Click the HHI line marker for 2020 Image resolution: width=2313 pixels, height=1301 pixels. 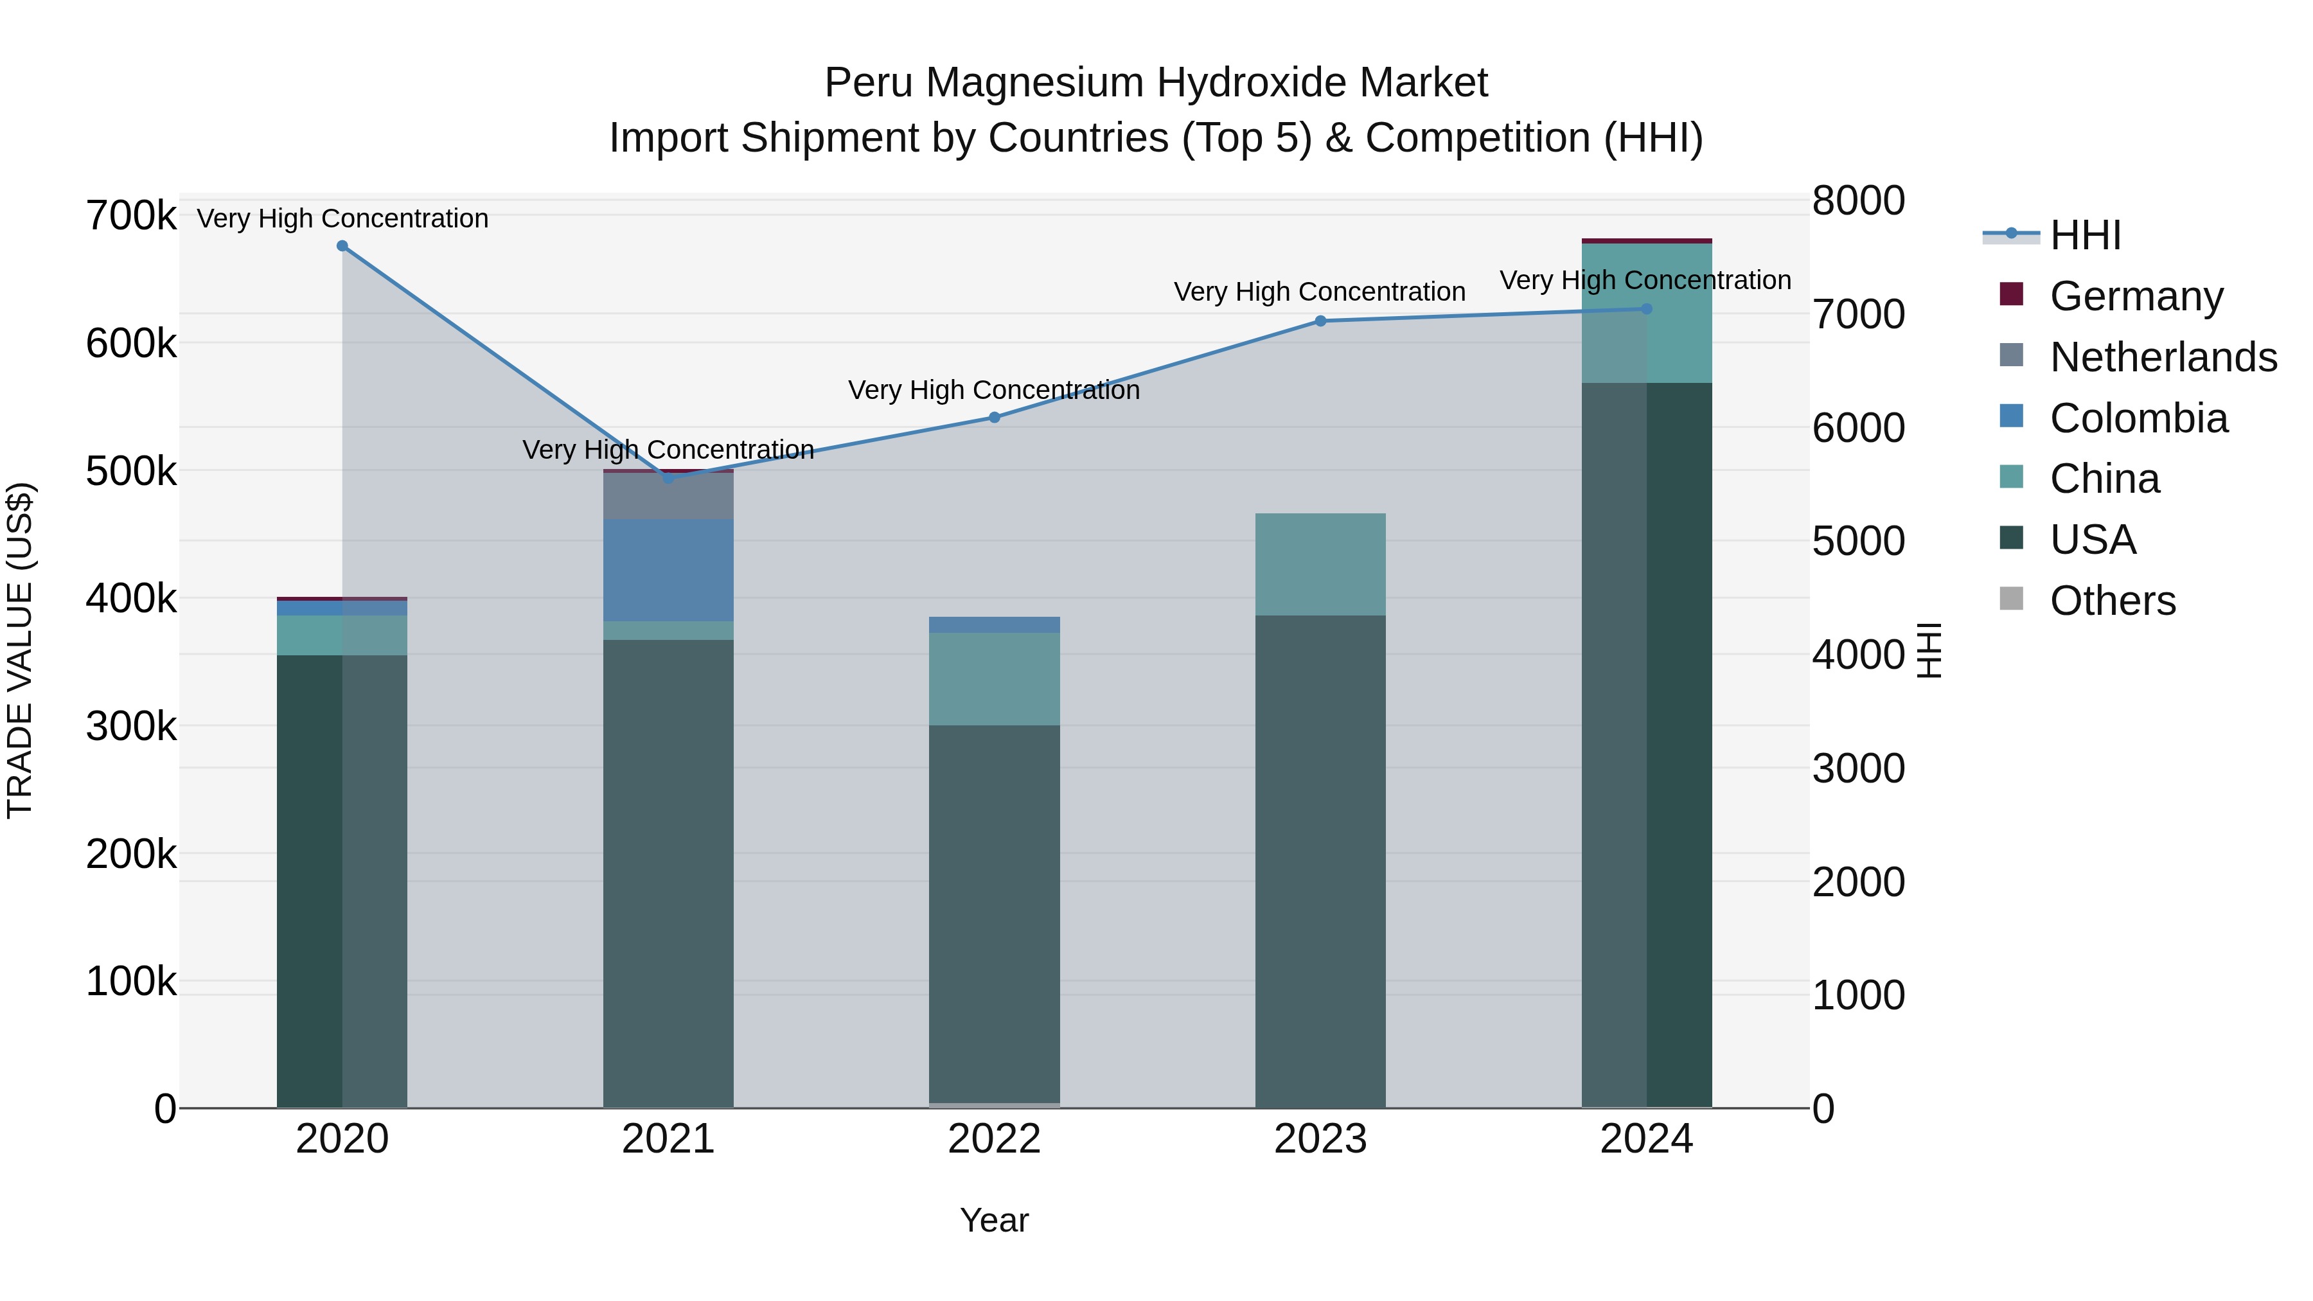pyautogui.click(x=342, y=246)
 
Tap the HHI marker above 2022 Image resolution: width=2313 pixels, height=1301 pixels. pyautogui.click(x=994, y=418)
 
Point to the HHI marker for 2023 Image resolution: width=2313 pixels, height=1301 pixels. pyautogui.click(x=1320, y=321)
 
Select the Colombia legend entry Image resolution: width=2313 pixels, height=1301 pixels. pyautogui.click(x=2138, y=418)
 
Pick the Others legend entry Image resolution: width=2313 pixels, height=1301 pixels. pyautogui.click(x=2112, y=601)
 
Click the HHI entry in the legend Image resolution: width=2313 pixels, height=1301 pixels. pyautogui.click(x=2085, y=235)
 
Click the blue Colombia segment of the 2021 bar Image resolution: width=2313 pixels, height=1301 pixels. pyautogui.click(x=668, y=570)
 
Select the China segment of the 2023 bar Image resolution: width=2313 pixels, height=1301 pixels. pyautogui.click(x=1320, y=564)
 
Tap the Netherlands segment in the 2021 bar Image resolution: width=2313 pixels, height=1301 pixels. pyautogui.click(x=668, y=495)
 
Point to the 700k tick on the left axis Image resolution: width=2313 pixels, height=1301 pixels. pyautogui.click(x=131, y=217)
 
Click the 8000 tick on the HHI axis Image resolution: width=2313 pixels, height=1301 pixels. pyautogui.click(x=1857, y=201)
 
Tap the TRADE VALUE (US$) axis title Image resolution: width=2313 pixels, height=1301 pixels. pyautogui.click(x=20, y=650)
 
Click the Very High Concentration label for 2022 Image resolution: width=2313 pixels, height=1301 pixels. pyautogui.click(x=994, y=391)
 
